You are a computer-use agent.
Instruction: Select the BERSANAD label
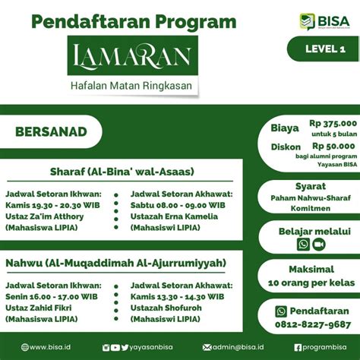coord(51,131)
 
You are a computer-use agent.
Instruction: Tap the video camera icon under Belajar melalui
coord(318,245)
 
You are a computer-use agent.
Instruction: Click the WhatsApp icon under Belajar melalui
coord(303,245)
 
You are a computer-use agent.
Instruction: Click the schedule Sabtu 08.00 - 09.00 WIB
coord(178,204)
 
